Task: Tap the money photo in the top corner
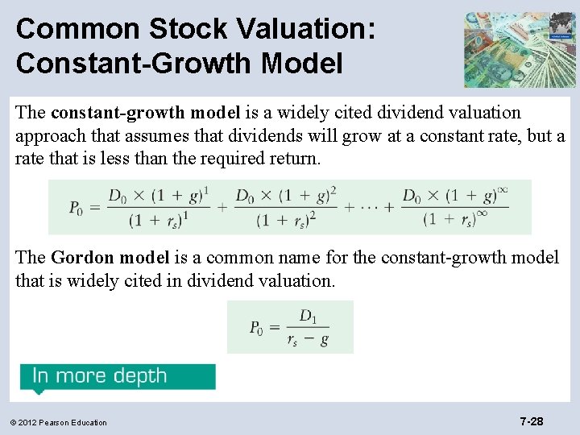(519, 49)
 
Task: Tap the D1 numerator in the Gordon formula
(308, 315)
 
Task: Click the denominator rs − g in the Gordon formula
(308, 339)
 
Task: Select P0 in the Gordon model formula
(255, 327)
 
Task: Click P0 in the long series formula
(76, 207)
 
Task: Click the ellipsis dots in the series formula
(367, 207)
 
